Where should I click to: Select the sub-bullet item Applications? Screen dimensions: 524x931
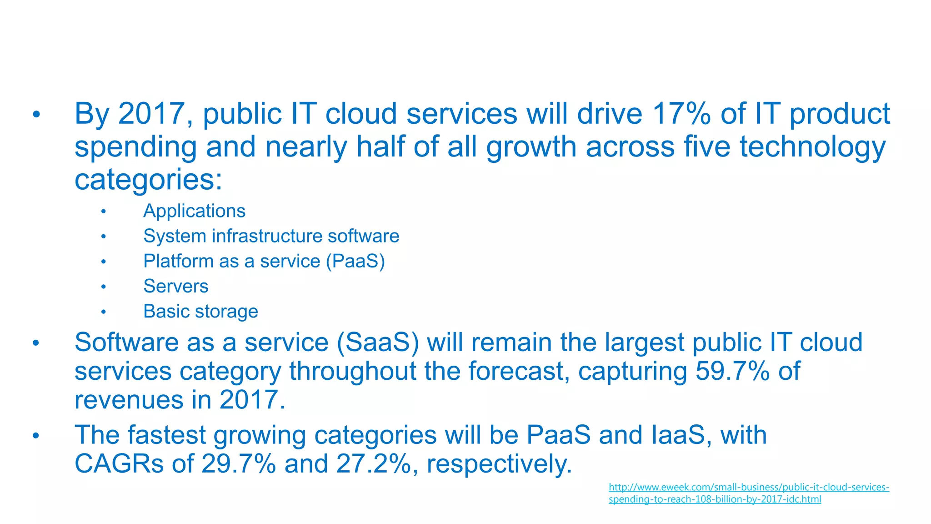point(194,211)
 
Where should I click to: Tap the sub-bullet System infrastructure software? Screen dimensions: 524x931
point(271,236)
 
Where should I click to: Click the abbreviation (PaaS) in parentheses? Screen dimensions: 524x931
point(355,261)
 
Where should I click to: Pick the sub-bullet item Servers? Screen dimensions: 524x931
point(175,286)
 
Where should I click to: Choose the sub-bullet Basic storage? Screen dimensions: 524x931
point(200,312)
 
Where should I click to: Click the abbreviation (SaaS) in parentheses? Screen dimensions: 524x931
point(378,342)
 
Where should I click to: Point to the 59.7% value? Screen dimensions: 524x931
point(732,371)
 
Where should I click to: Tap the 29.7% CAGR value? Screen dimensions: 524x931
point(238,464)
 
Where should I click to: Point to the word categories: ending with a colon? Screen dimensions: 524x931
point(148,180)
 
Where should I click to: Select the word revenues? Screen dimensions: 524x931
point(129,400)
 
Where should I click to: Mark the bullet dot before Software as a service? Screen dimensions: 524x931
point(36,343)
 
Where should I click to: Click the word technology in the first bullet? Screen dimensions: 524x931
point(812,147)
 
